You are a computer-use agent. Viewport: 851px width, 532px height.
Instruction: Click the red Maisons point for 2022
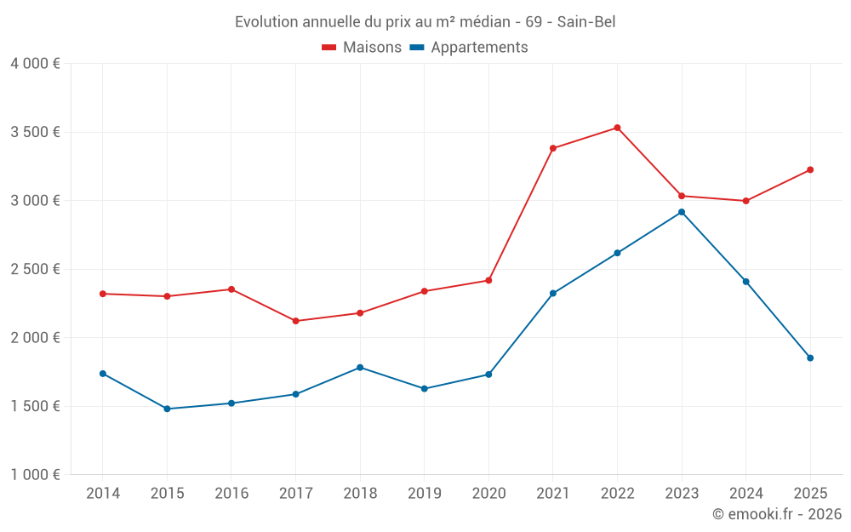click(x=617, y=128)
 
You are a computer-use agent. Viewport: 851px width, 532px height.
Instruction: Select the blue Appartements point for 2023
click(x=682, y=212)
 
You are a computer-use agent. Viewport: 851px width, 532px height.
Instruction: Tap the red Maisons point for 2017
click(x=295, y=321)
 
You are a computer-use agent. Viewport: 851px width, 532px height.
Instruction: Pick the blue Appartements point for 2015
click(x=167, y=409)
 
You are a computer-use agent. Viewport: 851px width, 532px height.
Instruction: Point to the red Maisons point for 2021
click(x=553, y=148)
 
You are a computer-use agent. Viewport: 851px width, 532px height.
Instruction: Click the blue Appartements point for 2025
click(x=810, y=358)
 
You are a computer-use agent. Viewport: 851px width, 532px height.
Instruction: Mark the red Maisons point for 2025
click(x=810, y=169)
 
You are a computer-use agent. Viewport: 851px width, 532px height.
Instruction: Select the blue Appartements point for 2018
click(x=360, y=367)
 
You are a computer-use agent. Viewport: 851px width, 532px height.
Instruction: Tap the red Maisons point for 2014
click(x=102, y=294)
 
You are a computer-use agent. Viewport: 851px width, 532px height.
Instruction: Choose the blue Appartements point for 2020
click(x=488, y=375)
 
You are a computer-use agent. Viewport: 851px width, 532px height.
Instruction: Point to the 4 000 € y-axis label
click(x=35, y=64)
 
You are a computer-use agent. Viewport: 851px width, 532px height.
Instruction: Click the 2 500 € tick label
click(x=35, y=269)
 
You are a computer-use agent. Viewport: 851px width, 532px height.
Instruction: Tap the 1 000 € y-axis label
click(x=35, y=475)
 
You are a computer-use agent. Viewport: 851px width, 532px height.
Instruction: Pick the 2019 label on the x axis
click(x=424, y=493)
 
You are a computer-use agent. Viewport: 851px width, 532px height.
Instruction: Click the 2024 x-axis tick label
click(x=745, y=493)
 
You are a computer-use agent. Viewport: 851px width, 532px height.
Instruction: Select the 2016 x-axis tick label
click(x=231, y=493)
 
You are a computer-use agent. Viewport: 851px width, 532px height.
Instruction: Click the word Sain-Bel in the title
click(x=586, y=22)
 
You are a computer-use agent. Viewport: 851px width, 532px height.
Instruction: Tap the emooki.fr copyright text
click(x=776, y=514)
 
